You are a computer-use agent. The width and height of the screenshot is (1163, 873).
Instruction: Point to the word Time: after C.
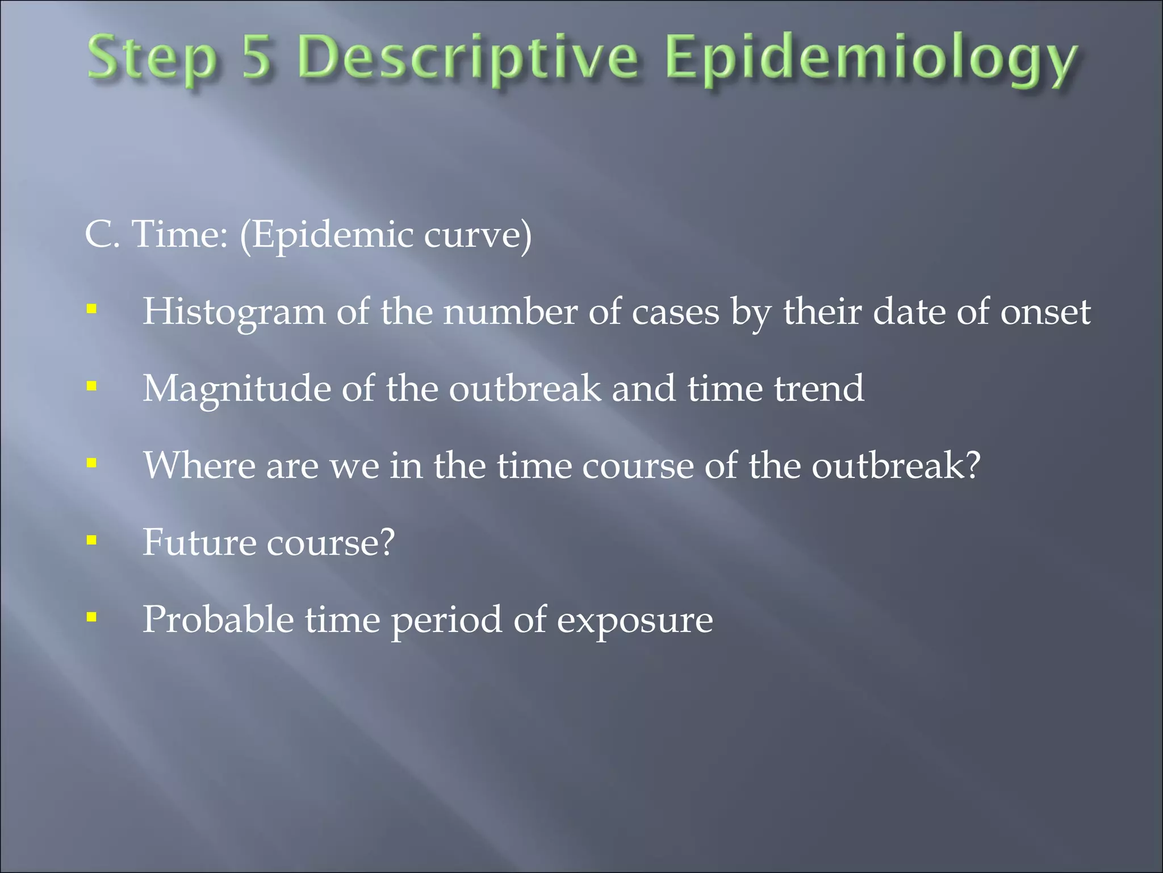(x=179, y=234)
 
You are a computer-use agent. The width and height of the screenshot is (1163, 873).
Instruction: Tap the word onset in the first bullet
(x=1045, y=312)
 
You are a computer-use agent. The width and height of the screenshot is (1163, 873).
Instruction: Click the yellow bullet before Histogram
(x=91, y=310)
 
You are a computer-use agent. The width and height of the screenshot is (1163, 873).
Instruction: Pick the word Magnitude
(x=236, y=389)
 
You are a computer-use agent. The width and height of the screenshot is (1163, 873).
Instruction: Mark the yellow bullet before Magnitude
(x=91, y=386)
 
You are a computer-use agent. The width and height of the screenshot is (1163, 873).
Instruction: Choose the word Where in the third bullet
(x=199, y=465)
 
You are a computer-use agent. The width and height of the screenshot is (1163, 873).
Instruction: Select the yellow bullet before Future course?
(x=91, y=540)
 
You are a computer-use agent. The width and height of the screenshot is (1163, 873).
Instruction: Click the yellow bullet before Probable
(x=91, y=617)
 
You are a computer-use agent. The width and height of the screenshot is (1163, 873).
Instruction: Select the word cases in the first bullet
(x=675, y=312)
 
